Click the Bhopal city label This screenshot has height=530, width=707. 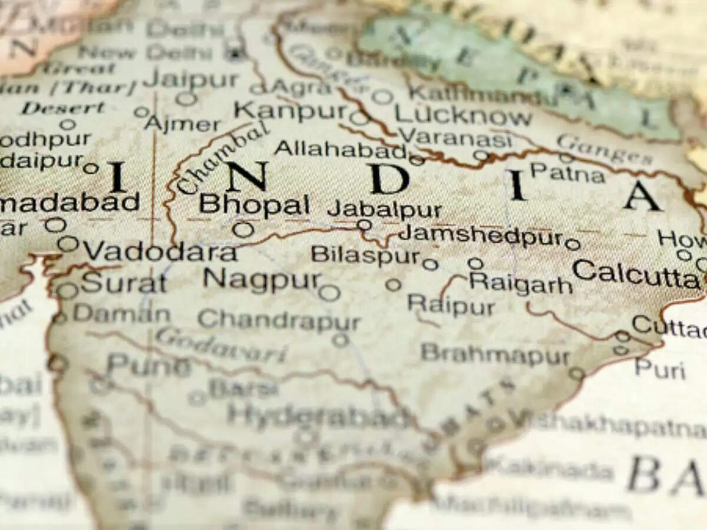tap(254, 204)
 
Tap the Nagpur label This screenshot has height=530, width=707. tap(262, 279)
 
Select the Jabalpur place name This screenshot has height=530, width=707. tap(384, 209)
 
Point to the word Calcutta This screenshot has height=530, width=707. tap(635, 274)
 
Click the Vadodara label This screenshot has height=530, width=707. tap(160, 251)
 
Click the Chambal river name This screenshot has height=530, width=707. tap(221, 159)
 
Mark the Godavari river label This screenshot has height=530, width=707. tap(221, 346)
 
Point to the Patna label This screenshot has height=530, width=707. tap(567, 173)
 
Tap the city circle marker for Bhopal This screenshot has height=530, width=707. tap(243, 229)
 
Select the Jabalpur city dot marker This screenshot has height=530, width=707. tap(365, 224)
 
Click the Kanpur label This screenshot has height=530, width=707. tap(292, 110)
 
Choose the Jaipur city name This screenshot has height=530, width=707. tap(191, 78)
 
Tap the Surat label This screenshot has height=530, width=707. tap(124, 283)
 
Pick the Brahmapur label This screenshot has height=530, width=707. tap(495, 355)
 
